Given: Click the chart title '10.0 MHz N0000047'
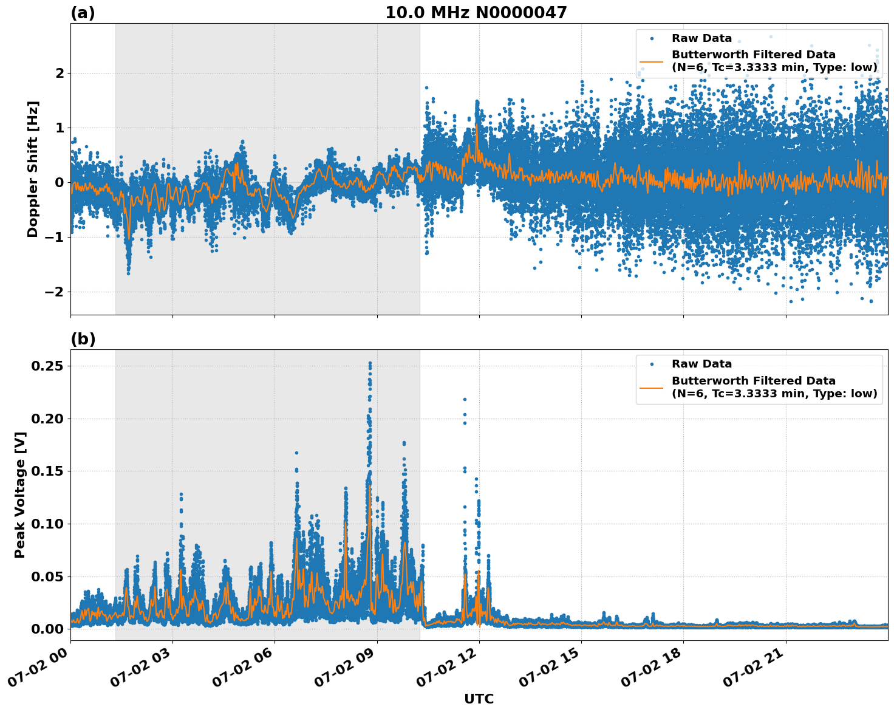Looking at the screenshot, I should coord(476,13).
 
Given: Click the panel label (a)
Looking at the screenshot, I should coord(83,13).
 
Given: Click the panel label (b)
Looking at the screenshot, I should coord(83,339).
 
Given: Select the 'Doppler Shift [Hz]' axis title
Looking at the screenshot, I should coord(33,169).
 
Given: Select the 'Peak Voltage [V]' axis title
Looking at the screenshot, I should coord(20,495).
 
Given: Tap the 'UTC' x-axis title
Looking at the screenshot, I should coord(479,699).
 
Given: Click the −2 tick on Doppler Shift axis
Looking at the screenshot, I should coord(55,292).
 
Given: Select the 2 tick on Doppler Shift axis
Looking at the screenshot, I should coord(60,73).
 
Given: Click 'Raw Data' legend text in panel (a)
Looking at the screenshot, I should coord(701,38).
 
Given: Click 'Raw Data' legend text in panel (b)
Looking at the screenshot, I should coord(701,364).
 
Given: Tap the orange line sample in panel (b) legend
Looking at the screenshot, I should coord(651,387).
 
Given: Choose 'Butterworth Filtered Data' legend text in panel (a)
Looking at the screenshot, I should coord(753,55).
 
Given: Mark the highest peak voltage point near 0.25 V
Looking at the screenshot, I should coord(370,363).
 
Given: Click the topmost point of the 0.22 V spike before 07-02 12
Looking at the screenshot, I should coord(465,399).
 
